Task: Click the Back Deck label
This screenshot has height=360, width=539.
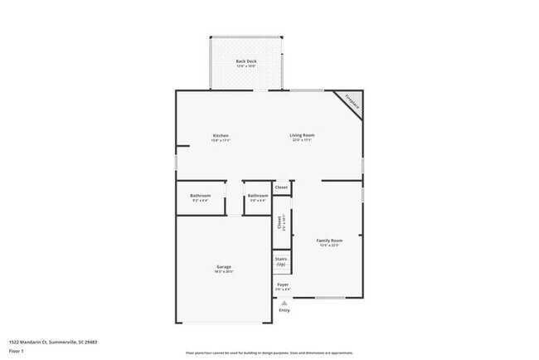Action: [x=245, y=61]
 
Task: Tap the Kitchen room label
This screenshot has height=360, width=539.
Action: [x=221, y=135]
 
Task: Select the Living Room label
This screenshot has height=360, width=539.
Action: [x=302, y=135]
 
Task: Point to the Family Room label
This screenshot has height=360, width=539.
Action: [x=328, y=241]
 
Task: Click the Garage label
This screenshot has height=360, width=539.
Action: [x=224, y=267]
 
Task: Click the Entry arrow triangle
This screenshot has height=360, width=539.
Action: [x=284, y=303]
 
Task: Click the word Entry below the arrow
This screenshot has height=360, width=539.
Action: [x=284, y=310]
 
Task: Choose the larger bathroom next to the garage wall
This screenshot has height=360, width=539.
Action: [x=201, y=197]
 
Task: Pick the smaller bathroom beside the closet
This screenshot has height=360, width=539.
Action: [x=257, y=197]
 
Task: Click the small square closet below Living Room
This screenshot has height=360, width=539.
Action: [x=282, y=187]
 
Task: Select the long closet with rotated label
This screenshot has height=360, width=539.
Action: [x=280, y=224]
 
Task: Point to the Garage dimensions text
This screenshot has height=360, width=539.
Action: [x=224, y=272]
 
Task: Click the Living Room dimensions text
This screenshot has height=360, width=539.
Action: [x=302, y=140]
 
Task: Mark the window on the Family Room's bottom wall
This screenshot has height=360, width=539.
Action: [x=329, y=298]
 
